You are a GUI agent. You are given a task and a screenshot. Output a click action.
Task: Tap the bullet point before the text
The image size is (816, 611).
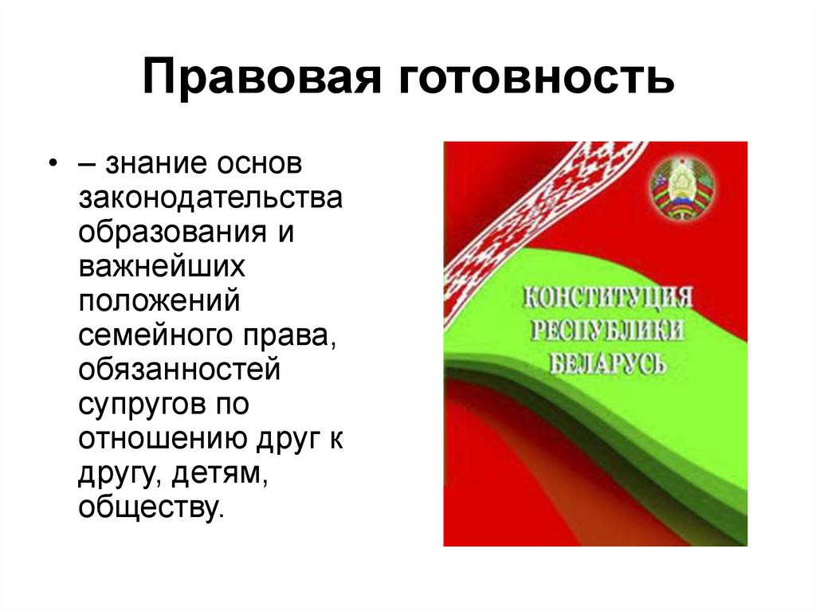(52, 163)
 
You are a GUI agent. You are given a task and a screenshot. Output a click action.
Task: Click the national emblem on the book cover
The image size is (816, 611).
(682, 189)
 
